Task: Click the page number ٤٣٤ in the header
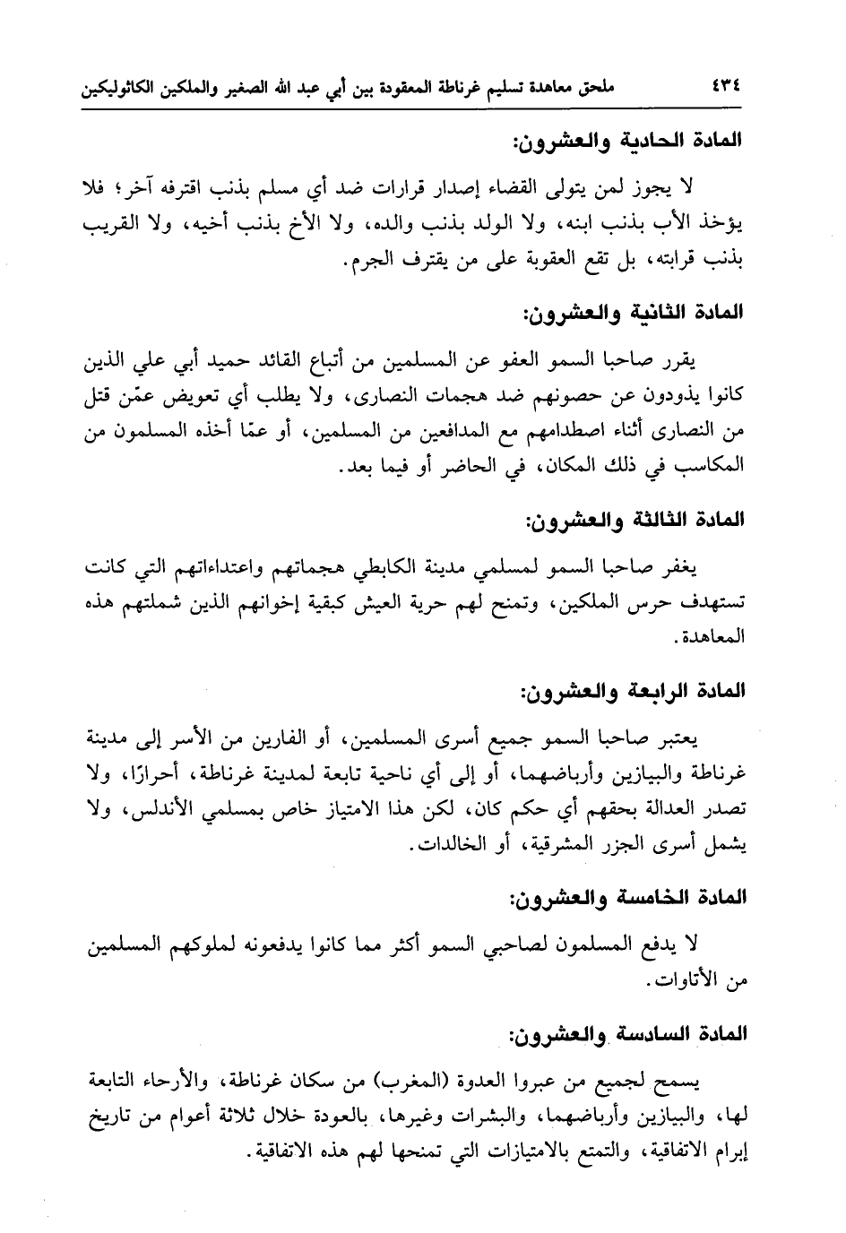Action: pyautogui.click(x=729, y=90)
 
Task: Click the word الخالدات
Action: pyautogui.click(x=448, y=845)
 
